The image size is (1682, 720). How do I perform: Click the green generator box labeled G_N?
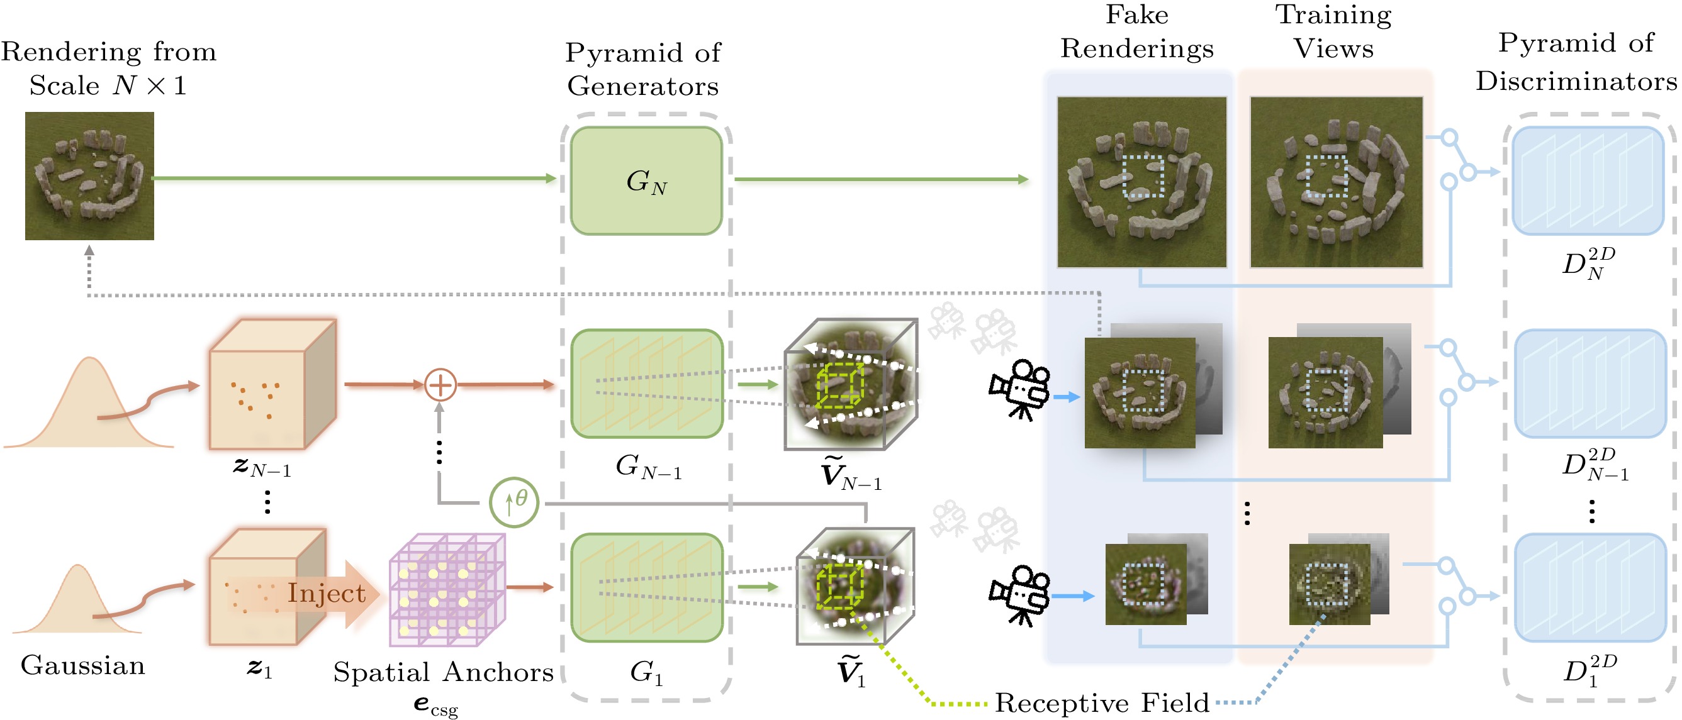pos(646,181)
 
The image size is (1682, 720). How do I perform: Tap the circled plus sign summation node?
pos(440,384)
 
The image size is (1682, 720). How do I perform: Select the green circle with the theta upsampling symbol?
pos(514,502)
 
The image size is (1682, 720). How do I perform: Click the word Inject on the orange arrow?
pos(327,593)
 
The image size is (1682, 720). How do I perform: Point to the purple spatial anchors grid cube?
pos(447,590)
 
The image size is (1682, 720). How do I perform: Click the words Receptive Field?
pos(1102,702)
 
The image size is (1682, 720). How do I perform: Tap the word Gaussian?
pos(83,665)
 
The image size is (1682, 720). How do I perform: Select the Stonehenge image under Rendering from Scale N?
pos(89,176)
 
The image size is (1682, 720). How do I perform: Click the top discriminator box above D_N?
pos(1588,181)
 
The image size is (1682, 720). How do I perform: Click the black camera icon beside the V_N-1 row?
pos(1019,389)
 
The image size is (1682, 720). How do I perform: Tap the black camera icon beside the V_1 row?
pos(1019,596)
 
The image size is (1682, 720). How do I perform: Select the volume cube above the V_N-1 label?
pos(851,384)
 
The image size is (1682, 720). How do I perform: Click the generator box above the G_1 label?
pos(646,587)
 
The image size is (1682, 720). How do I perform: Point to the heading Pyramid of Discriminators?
pos(1576,62)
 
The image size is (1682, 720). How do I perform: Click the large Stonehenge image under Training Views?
pos(1337,182)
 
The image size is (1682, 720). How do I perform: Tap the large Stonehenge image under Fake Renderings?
pos(1142,182)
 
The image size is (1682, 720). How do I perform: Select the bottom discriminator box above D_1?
pos(1590,587)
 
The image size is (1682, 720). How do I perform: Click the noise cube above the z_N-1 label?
pos(273,384)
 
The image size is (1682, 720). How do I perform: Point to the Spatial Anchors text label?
pos(444,672)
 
